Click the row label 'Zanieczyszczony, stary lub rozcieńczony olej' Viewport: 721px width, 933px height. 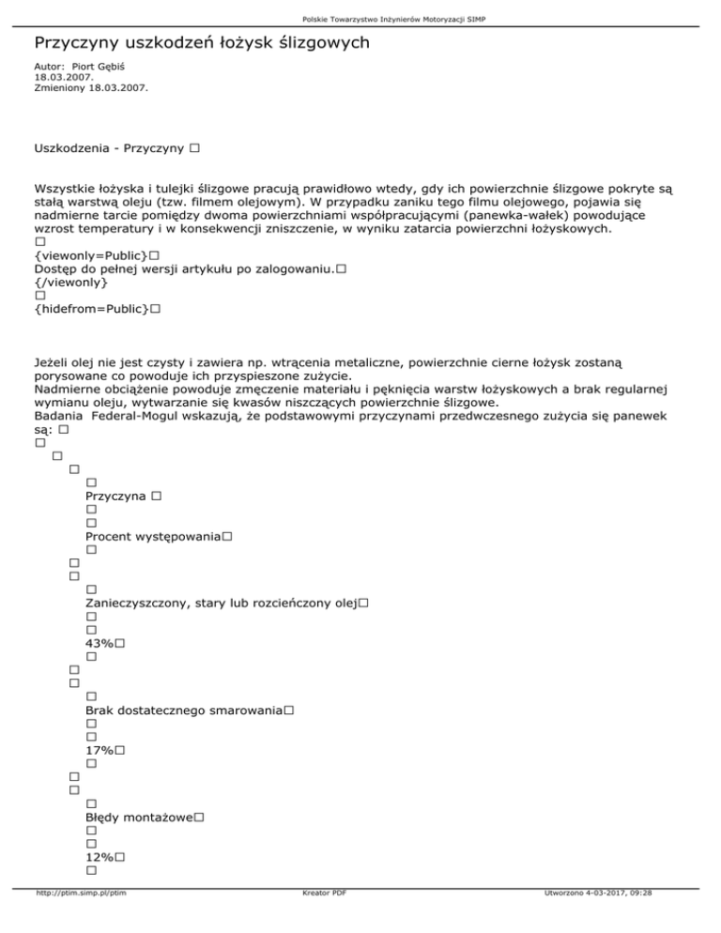click(x=221, y=603)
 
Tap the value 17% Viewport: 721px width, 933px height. click(x=100, y=751)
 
